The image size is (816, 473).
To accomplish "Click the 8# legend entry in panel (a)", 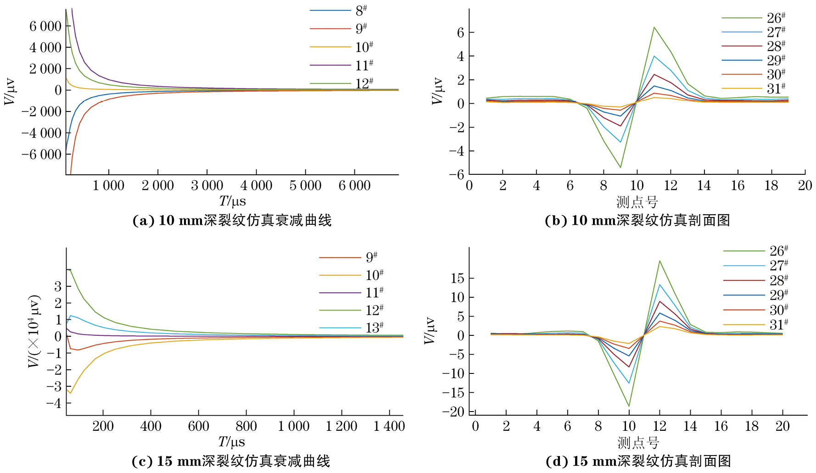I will (361, 10).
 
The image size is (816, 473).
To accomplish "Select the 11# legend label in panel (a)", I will (364, 65).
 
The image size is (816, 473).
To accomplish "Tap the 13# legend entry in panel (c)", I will (374, 328).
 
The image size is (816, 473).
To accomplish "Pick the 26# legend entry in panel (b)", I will (776, 18).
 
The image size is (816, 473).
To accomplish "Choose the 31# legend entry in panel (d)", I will (779, 325).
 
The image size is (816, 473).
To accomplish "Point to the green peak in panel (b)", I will (654, 28).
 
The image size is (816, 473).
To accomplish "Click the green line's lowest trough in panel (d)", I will (629, 406).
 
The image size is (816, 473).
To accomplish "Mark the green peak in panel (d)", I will (660, 261).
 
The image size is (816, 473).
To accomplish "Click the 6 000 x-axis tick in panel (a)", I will (354, 186).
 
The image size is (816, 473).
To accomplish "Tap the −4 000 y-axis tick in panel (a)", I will (41, 133).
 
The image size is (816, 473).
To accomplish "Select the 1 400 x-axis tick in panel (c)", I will (389, 427).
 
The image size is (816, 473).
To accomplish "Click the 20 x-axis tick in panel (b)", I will (805, 186).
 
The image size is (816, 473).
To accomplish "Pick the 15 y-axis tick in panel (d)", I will (457, 278).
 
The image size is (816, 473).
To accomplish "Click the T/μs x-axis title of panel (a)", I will (232, 201).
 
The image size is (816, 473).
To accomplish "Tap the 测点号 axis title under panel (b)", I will (637, 202).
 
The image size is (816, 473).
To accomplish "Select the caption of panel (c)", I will (231, 461).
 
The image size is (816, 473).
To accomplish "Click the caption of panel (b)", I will (637, 221).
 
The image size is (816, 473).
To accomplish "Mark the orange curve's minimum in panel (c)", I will (70, 393).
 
